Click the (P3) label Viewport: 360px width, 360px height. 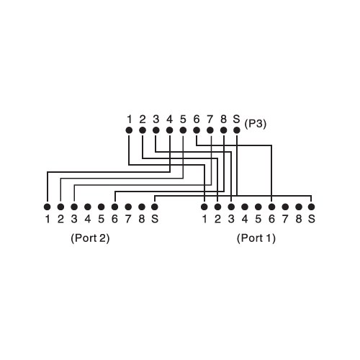[x=256, y=124]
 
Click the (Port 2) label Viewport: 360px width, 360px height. [x=90, y=238]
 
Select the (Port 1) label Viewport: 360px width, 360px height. [x=256, y=238]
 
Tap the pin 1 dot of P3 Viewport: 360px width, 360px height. [x=129, y=130]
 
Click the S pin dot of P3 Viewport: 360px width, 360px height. [x=237, y=130]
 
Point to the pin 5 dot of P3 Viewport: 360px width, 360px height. [x=183, y=130]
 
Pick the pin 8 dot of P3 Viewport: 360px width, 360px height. [x=223, y=130]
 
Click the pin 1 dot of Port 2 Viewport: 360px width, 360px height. [x=48, y=207]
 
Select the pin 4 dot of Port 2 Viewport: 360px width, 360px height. [x=88, y=207]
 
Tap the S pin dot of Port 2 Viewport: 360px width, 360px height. [x=155, y=207]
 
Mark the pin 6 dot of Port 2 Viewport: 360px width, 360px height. [x=114, y=207]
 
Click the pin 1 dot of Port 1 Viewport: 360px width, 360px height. [x=204, y=207]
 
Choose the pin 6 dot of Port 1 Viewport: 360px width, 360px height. [x=271, y=207]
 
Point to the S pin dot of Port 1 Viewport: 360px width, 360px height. [x=311, y=207]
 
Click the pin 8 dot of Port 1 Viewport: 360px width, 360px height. [x=299, y=207]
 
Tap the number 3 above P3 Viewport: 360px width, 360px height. [x=156, y=119]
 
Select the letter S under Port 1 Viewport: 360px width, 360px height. [x=312, y=219]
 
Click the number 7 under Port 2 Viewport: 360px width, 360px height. [x=128, y=219]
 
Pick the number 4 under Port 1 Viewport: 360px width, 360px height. [x=245, y=219]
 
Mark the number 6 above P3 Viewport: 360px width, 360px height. [x=197, y=119]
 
